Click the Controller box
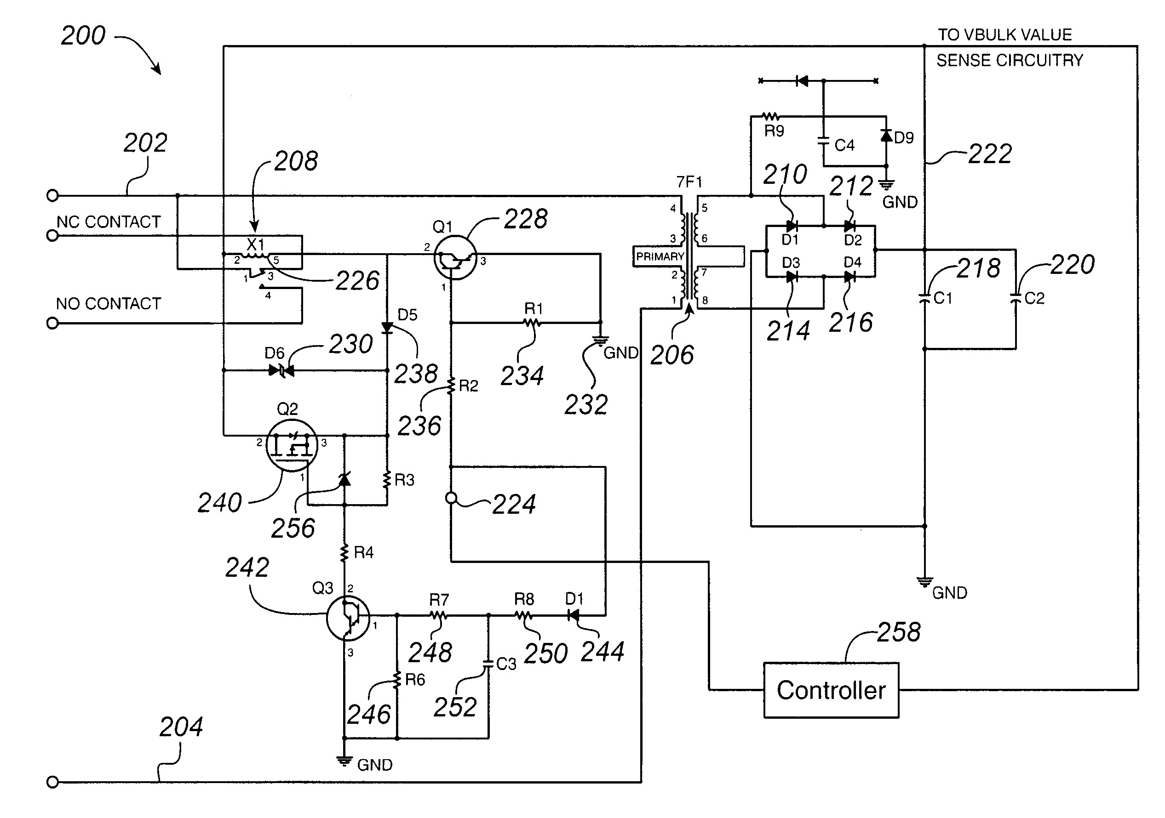(831, 690)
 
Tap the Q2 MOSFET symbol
(291, 445)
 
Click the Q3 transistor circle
(348, 617)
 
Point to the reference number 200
(83, 35)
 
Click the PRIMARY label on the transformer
(660, 256)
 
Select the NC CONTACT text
(108, 222)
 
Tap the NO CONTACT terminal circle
(52, 323)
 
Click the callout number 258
(898, 632)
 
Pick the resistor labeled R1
(532, 323)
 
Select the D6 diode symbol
(281, 371)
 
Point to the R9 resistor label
(774, 131)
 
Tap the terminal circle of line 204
(52, 782)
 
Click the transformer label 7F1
(689, 182)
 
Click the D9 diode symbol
(886, 136)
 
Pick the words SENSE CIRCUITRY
(1009, 60)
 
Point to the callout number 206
(671, 355)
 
